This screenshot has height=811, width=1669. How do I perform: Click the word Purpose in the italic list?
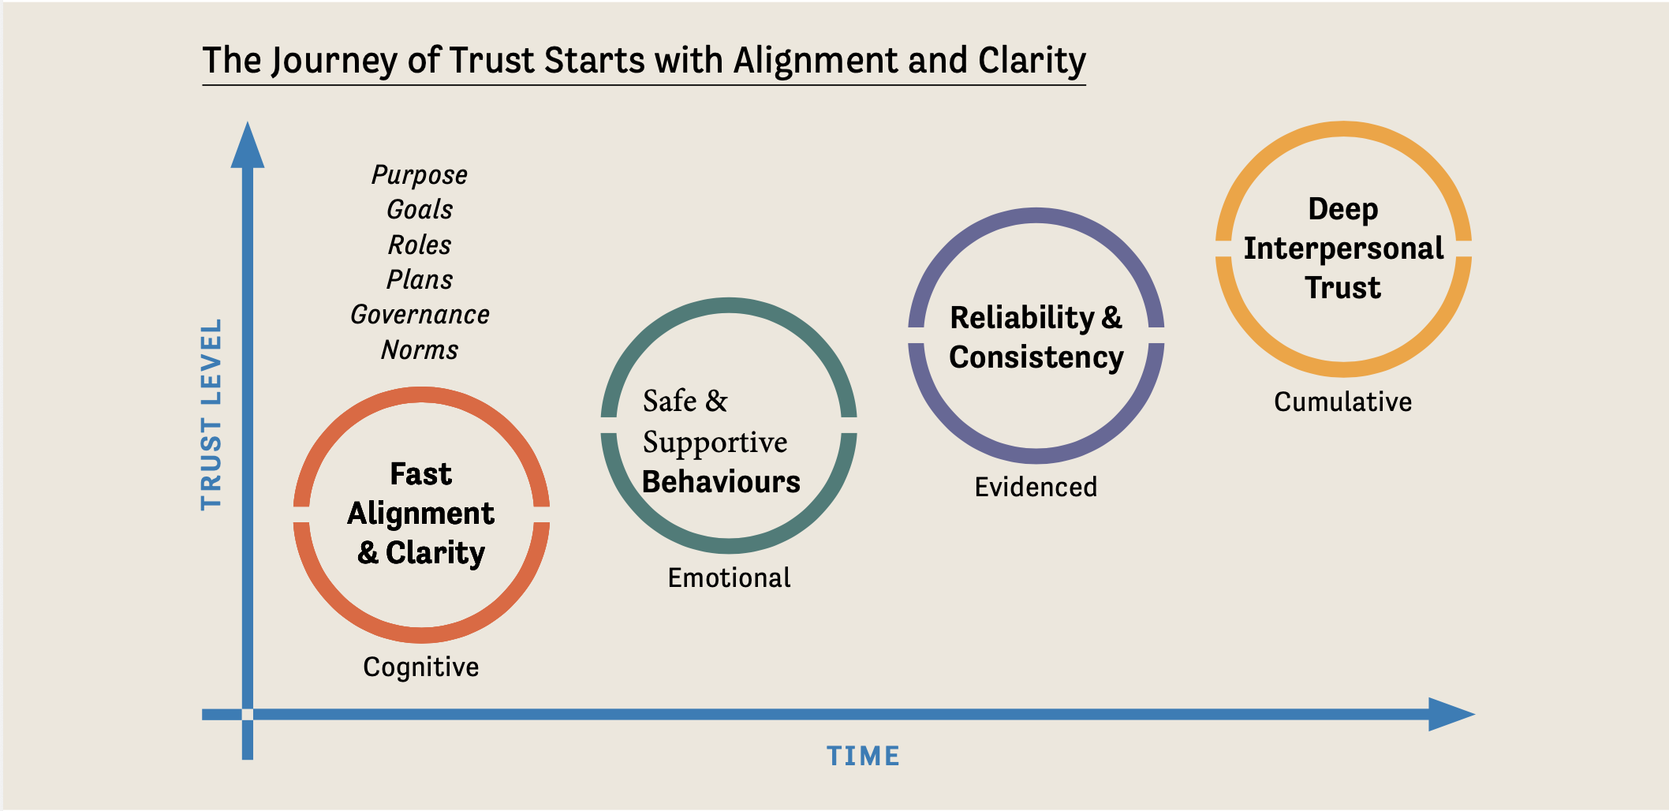coord(419,175)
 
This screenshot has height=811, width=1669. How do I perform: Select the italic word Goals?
coord(420,210)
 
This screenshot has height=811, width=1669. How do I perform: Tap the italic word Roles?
coord(420,245)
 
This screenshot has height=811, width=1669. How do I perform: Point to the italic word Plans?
coord(420,280)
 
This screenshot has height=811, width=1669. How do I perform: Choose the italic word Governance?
coord(420,315)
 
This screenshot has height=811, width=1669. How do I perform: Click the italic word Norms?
coord(420,349)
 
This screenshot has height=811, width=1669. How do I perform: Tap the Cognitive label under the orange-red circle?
coord(420,667)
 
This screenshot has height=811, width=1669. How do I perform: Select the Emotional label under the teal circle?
coord(729,578)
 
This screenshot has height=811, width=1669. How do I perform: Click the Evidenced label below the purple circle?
coord(1036,488)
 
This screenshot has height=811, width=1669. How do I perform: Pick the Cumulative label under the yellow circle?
coord(1342,402)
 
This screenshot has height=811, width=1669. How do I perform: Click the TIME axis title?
coord(863,757)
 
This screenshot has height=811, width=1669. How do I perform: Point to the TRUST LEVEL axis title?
coord(211,414)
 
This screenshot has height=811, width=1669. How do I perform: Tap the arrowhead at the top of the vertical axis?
coord(248,147)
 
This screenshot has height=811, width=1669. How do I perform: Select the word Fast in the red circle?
coord(420,474)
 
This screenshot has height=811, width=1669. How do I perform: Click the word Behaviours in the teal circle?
coord(721,482)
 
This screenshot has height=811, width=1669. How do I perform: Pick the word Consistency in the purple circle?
coord(1036,357)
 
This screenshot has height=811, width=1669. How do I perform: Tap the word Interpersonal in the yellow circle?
coord(1343,249)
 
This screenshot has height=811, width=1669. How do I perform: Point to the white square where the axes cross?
coord(248,715)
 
